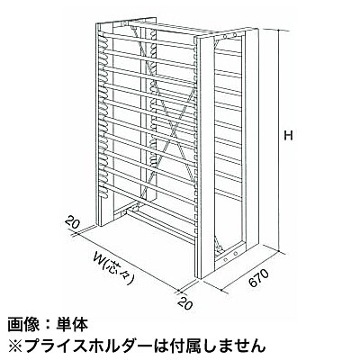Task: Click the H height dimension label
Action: pyautogui.click(x=288, y=136)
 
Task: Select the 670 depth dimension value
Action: pyautogui.click(x=258, y=278)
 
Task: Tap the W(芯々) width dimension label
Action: pyautogui.click(x=113, y=267)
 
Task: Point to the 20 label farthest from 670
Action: pyautogui.click(x=71, y=223)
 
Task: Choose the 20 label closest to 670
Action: pyautogui.click(x=184, y=303)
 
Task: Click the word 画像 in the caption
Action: pyautogui.click(x=21, y=325)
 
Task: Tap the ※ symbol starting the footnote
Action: pyautogui.click(x=14, y=346)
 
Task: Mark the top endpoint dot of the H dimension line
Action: pyautogui.click(x=279, y=31)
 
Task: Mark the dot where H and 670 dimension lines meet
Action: pyautogui.click(x=279, y=251)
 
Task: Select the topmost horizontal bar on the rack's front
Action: pyautogui.click(x=147, y=40)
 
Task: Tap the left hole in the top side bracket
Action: pyautogui.click(x=225, y=37)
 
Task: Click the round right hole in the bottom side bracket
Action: pyautogui.click(x=235, y=254)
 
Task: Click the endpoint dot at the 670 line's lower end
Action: pyautogui.click(x=221, y=290)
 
